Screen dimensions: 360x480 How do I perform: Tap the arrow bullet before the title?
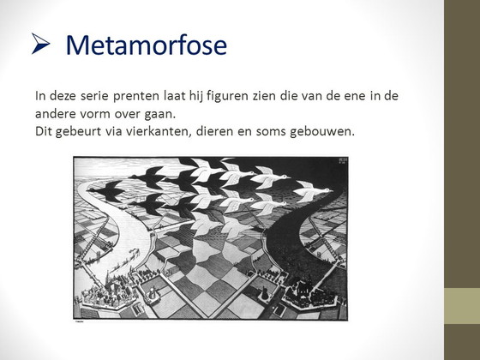coord(40,44)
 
